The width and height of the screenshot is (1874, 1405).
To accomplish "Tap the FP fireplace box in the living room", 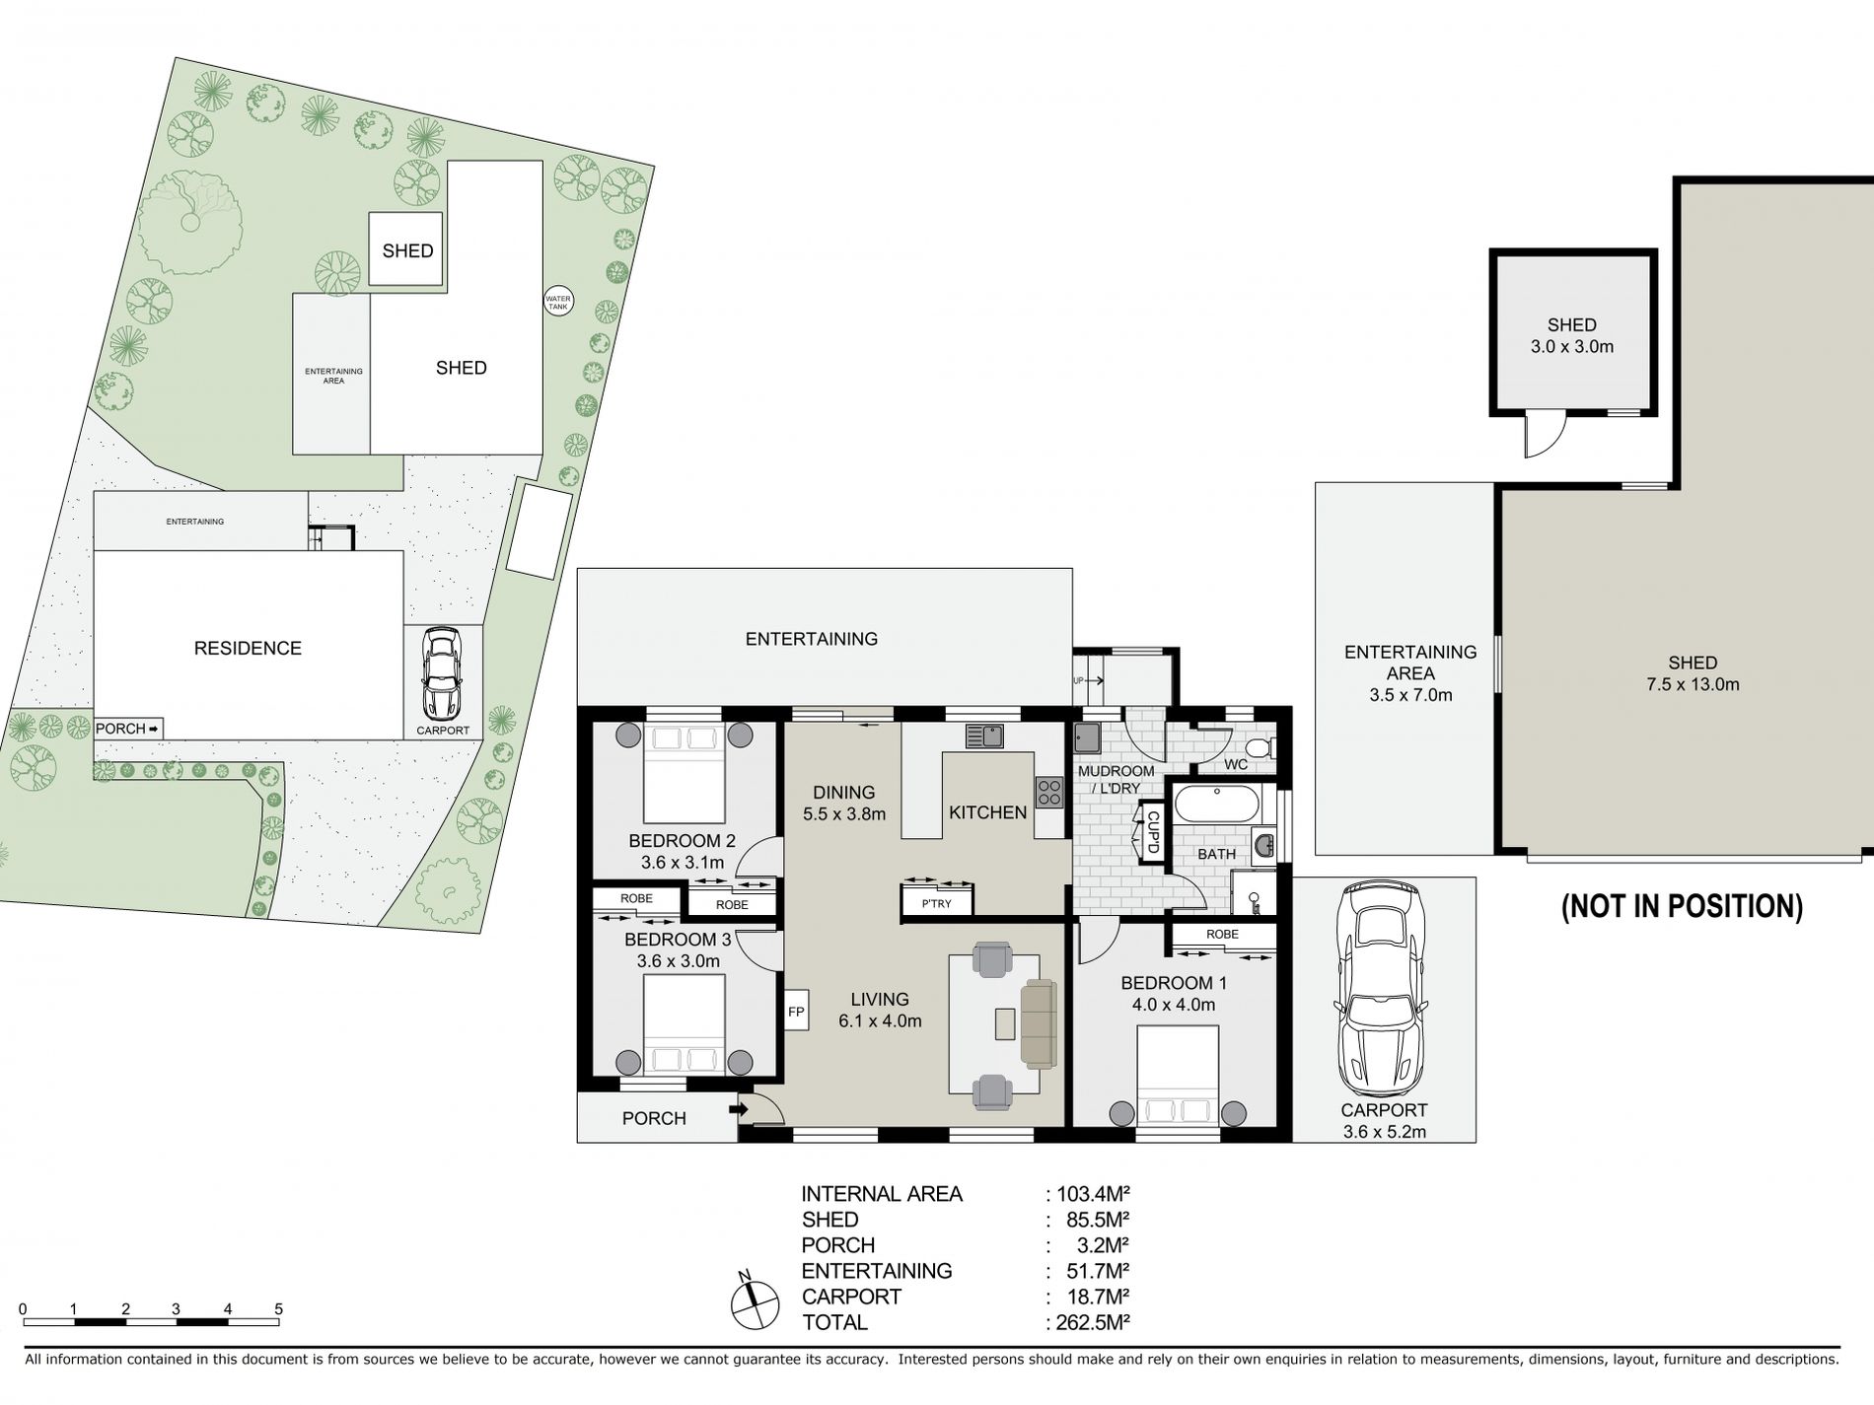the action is click(796, 1012).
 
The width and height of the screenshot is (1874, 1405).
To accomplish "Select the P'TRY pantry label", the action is click(937, 903).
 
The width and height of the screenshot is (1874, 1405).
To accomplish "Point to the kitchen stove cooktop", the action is click(1048, 792).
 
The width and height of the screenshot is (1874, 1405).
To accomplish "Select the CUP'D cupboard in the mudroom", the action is click(1151, 831).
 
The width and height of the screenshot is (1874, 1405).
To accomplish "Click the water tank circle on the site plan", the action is click(558, 302).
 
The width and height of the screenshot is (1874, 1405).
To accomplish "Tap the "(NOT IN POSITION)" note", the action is click(1682, 906).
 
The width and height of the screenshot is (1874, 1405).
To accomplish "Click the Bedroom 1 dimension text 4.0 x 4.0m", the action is click(1174, 1006).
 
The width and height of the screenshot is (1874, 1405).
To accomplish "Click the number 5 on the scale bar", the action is click(279, 1309).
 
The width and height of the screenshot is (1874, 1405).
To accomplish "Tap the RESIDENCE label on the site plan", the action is click(248, 648).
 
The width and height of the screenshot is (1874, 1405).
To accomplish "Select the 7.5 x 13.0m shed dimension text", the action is click(1693, 684).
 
